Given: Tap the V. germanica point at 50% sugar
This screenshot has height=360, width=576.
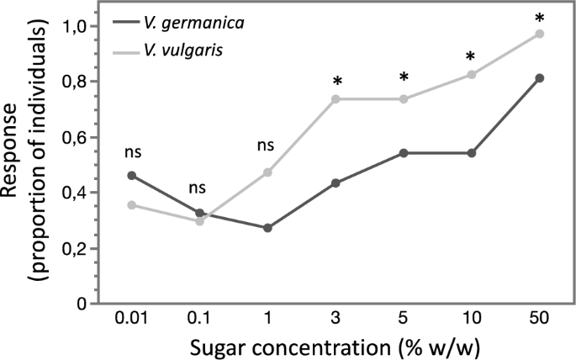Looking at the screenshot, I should pyautogui.click(x=539, y=78).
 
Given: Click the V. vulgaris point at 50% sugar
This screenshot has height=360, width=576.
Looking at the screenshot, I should pyautogui.click(x=539, y=34).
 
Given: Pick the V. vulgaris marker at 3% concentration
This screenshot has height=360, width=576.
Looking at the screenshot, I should pyautogui.click(x=336, y=99).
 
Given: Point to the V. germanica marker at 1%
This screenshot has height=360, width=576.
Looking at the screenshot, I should pyautogui.click(x=267, y=228).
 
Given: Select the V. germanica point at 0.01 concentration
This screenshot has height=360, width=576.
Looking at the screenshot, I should pyautogui.click(x=132, y=175).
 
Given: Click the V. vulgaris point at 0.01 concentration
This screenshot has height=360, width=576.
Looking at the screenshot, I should pyautogui.click(x=132, y=205).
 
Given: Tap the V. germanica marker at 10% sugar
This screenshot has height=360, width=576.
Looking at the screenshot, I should pyautogui.click(x=471, y=153).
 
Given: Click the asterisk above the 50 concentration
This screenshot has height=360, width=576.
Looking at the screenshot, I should pyautogui.click(x=539, y=17).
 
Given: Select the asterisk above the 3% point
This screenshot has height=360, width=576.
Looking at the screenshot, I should pyautogui.click(x=336, y=82).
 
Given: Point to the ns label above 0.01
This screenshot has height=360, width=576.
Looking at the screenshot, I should pyautogui.click(x=132, y=153).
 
